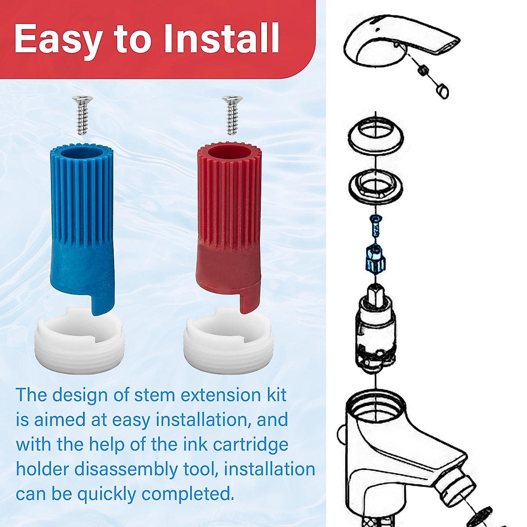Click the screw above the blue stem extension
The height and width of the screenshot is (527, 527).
82,115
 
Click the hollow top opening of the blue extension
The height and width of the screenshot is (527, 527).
82,153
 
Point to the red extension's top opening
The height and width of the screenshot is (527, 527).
230,153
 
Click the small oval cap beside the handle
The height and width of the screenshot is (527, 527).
443,91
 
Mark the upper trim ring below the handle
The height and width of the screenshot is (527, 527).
376,136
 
